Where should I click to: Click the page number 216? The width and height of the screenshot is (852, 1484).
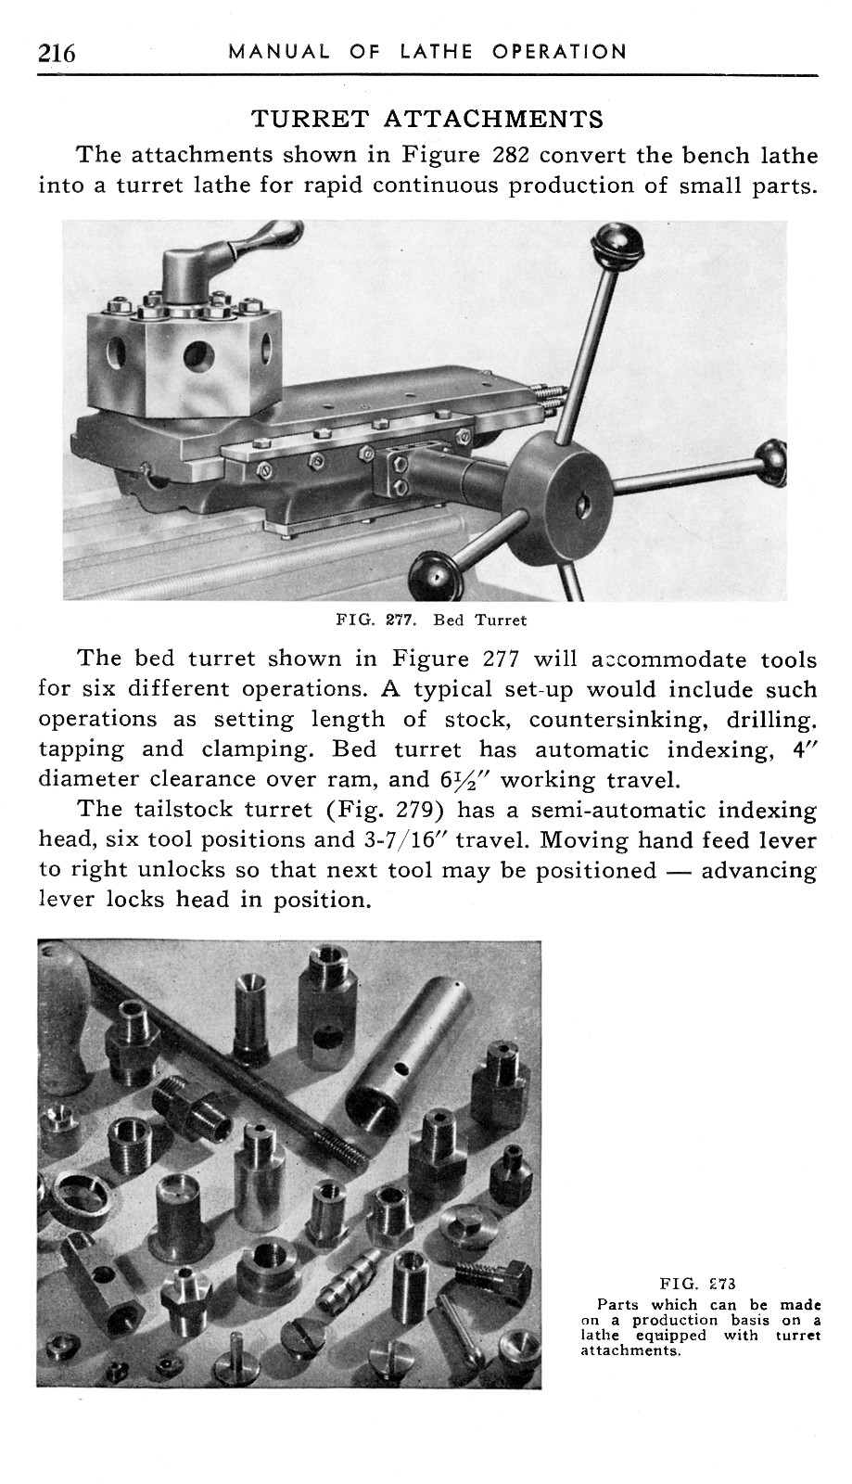click(x=57, y=52)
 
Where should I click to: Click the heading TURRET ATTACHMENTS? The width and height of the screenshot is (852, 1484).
click(x=427, y=119)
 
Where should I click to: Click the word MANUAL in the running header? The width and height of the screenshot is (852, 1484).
click(x=278, y=52)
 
